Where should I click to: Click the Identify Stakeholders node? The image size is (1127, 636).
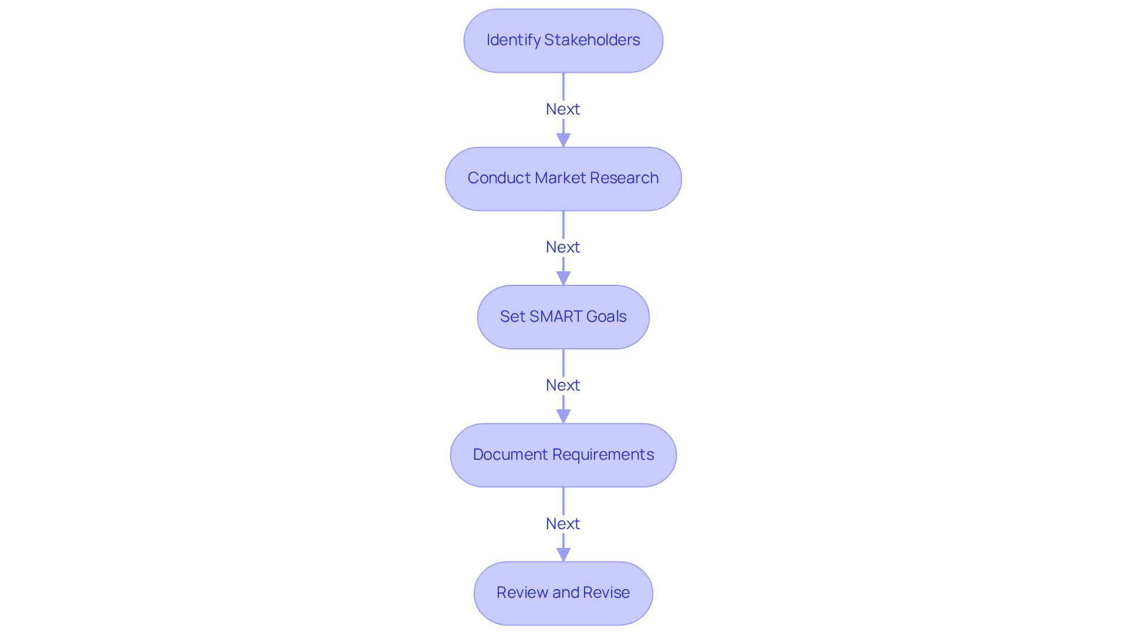click(563, 41)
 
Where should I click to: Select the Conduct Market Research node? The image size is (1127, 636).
click(563, 179)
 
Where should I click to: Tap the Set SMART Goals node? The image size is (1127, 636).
click(563, 317)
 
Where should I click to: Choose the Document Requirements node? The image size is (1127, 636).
click(563, 455)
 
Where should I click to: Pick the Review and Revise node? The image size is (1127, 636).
click(563, 593)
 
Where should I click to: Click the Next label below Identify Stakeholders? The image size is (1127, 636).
click(563, 109)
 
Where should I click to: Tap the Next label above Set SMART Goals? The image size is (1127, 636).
click(563, 247)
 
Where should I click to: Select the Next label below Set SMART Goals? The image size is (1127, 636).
click(563, 385)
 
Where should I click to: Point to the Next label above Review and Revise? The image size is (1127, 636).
click(563, 524)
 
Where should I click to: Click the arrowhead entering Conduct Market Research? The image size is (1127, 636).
click(563, 140)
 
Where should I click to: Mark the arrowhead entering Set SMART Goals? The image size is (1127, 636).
click(563, 278)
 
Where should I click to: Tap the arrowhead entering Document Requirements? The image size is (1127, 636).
click(563, 416)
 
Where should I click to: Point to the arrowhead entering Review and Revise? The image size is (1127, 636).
click(563, 554)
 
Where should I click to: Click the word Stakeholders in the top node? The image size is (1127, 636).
click(592, 40)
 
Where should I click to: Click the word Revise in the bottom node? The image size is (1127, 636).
click(606, 593)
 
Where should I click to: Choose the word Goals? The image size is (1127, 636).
click(606, 317)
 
